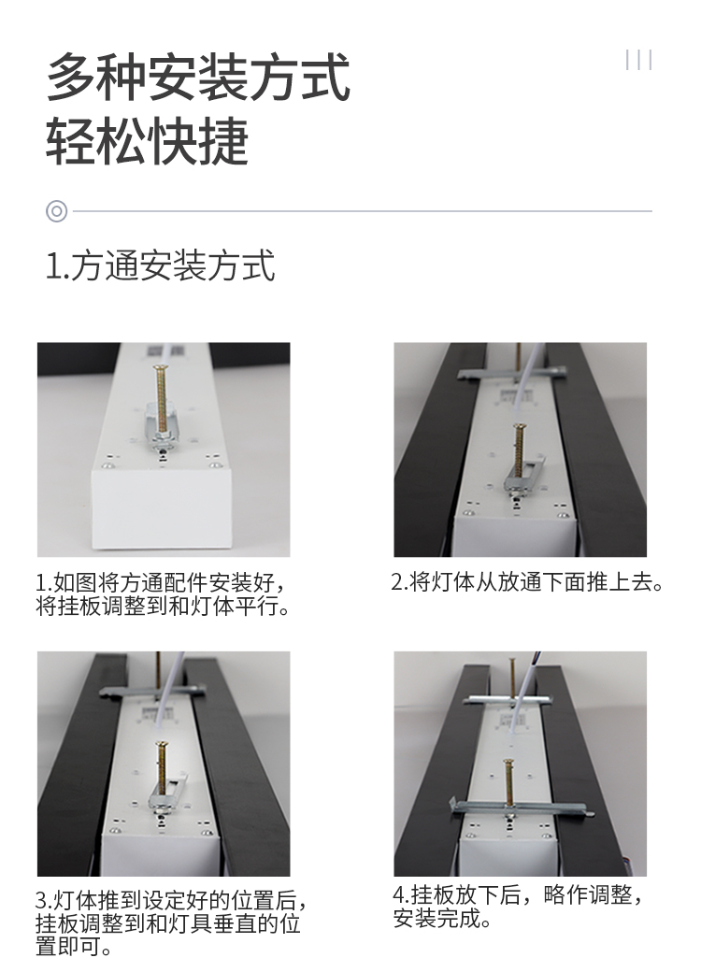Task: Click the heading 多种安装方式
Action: point(198,78)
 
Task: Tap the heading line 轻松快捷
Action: point(148,140)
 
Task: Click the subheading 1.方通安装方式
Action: point(161,265)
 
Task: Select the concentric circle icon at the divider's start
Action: point(56,211)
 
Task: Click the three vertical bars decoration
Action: point(638,60)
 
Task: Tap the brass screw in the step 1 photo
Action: point(163,399)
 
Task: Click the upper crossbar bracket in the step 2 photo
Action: point(512,374)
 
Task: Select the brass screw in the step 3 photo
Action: point(161,768)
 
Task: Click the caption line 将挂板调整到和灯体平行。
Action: point(163,607)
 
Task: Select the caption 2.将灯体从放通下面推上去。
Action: point(527,582)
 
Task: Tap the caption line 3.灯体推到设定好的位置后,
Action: point(171,900)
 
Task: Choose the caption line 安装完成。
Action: point(442,919)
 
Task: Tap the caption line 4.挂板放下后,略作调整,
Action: point(518,895)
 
